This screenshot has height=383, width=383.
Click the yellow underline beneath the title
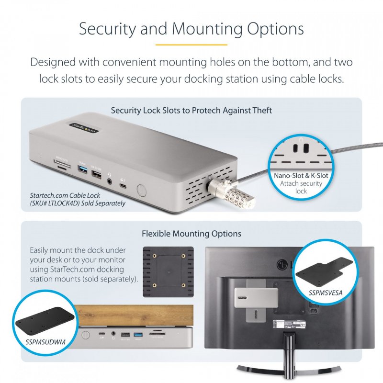pos(191,45)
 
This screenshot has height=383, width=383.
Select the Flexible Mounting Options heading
pos(191,234)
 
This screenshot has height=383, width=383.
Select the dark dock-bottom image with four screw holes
pos(169,271)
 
